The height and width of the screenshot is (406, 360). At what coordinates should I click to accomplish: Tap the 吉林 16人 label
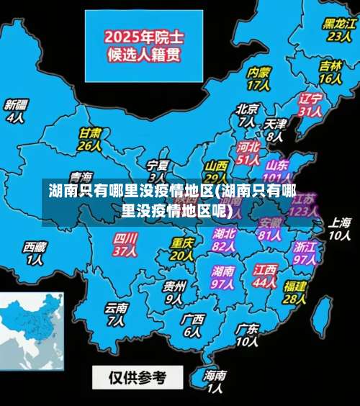[330, 71]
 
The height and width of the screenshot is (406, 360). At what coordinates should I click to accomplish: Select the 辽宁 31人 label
[310, 104]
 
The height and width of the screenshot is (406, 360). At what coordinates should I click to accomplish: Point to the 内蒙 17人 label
[258, 78]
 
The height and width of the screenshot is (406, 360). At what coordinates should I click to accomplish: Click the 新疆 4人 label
[15, 110]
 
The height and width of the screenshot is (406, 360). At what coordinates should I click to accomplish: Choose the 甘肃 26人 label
[89, 139]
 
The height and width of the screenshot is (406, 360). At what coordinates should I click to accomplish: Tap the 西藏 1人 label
[35, 253]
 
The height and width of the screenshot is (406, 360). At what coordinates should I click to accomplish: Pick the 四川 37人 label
[125, 244]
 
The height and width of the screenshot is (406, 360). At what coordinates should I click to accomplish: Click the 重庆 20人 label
[181, 249]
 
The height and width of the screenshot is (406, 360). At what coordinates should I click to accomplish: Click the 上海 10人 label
[339, 228]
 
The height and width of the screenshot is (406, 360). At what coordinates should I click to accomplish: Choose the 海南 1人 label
[215, 382]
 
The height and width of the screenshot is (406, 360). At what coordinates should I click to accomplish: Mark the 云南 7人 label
[116, 314]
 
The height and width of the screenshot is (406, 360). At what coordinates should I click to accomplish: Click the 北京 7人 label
[247, 115]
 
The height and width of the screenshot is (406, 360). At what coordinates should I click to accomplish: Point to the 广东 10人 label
[246, 335]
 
